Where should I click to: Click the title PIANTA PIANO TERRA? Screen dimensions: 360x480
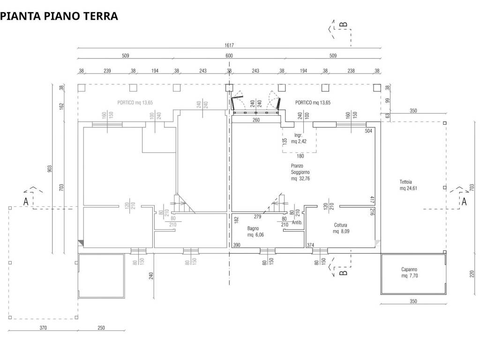tap(59, 16)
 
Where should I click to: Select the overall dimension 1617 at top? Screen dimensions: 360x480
tap(229, 45)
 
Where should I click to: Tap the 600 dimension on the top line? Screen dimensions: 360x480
tap(229, 56)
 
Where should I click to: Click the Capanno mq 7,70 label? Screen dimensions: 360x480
tap(409, 273)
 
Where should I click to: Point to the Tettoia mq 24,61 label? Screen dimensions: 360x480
tap(408, 185)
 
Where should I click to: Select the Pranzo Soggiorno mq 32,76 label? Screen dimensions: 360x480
tap(300, 172)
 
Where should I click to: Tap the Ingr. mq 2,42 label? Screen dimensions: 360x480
tap(298, 138)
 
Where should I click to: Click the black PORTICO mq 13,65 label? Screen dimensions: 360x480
tap(313, 102)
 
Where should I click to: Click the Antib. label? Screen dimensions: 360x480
tap(297, 223)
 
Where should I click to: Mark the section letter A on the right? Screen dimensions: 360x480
tap(464, 202)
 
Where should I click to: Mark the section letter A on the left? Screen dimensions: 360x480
tap(26, 202)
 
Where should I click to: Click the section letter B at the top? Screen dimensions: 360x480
tap(344, 24)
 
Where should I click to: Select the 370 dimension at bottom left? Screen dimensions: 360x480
tap(43, 328)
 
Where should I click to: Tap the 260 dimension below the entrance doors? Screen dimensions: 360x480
tap(256, 120)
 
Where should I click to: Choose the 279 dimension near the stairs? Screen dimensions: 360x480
tap(257, 217)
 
